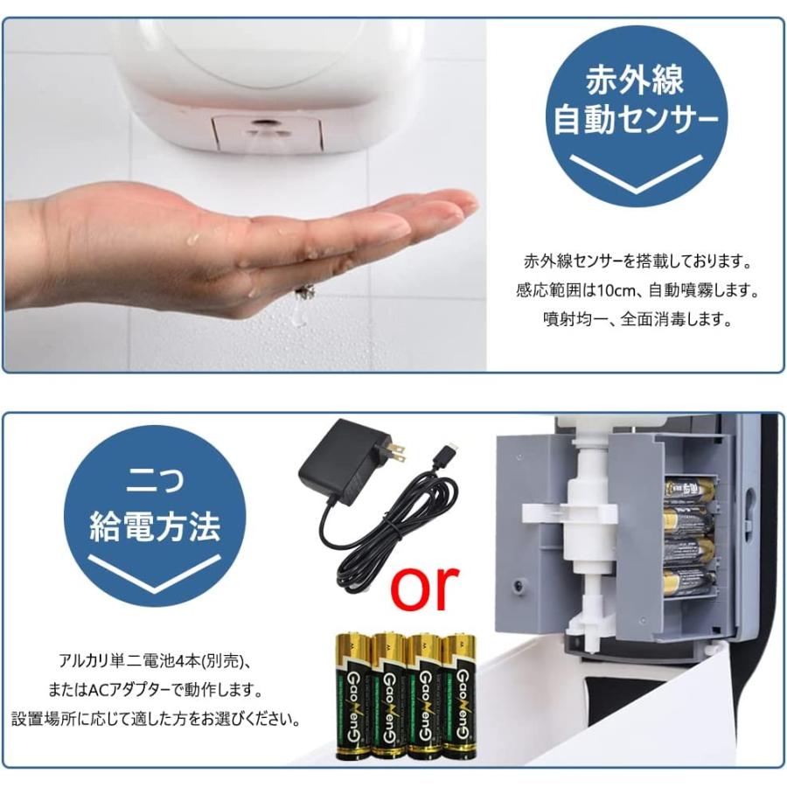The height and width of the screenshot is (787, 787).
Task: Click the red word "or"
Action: coord(425,588)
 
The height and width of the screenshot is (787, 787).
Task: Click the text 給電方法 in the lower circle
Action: coord(156,526)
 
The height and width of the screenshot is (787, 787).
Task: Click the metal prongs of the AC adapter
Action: coord(396,451)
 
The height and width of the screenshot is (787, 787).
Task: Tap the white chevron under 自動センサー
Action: coord(635,171)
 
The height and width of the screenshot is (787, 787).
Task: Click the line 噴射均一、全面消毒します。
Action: coord(635,319)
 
